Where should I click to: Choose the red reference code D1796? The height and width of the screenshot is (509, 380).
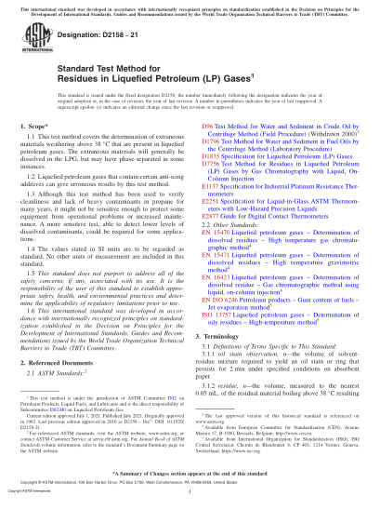[x=211, y=165]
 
